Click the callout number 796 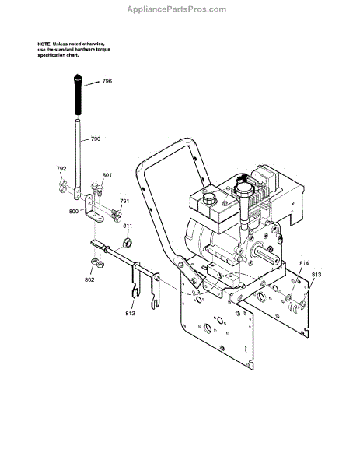coord(107,81)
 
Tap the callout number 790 coord(96,139)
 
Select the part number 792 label coord(61,169)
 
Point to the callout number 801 coord(107,175)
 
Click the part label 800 coord(74,212)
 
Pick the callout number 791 coord(124,202)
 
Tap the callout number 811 coord(128,226)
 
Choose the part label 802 coord(89,279)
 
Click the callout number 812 coord(130,314)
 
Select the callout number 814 coord(304,263)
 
